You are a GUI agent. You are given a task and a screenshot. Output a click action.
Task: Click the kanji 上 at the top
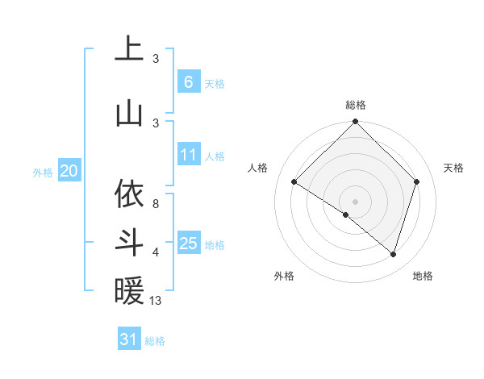click(128, 49)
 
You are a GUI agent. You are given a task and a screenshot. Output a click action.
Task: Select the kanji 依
click(128, 194)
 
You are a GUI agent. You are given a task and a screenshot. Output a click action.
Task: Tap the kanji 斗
click(128, 243)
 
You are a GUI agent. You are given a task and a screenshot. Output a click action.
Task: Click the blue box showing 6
click(188, 82)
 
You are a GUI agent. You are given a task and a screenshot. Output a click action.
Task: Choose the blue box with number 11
click(188, 155)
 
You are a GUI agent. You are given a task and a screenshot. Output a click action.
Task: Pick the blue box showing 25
click(188, 243)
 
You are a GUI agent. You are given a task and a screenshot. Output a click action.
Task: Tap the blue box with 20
click(69, 171)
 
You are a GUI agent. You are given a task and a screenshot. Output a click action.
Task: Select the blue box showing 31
click(129, 339)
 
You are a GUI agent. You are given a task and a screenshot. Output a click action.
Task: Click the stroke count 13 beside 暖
click(156, 301)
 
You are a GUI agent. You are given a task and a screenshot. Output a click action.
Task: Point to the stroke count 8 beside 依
click(156, 204)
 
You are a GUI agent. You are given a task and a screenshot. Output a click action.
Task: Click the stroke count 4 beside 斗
click(156, 252)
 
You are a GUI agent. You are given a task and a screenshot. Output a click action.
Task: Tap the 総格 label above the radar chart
click(356, 105)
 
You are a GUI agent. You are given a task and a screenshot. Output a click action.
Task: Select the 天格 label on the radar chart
click(454, 168)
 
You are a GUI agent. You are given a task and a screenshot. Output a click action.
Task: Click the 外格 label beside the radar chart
click(284, 276)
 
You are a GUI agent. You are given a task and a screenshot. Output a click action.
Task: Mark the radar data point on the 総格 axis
click(355, 123)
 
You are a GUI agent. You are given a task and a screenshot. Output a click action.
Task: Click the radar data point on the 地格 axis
click(393, 254)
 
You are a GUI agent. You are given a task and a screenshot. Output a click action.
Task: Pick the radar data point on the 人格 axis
click(294, 182)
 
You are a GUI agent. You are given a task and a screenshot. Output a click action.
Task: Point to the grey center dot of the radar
click(355, 201)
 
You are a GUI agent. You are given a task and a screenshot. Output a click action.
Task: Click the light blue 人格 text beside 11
click(215, 156)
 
